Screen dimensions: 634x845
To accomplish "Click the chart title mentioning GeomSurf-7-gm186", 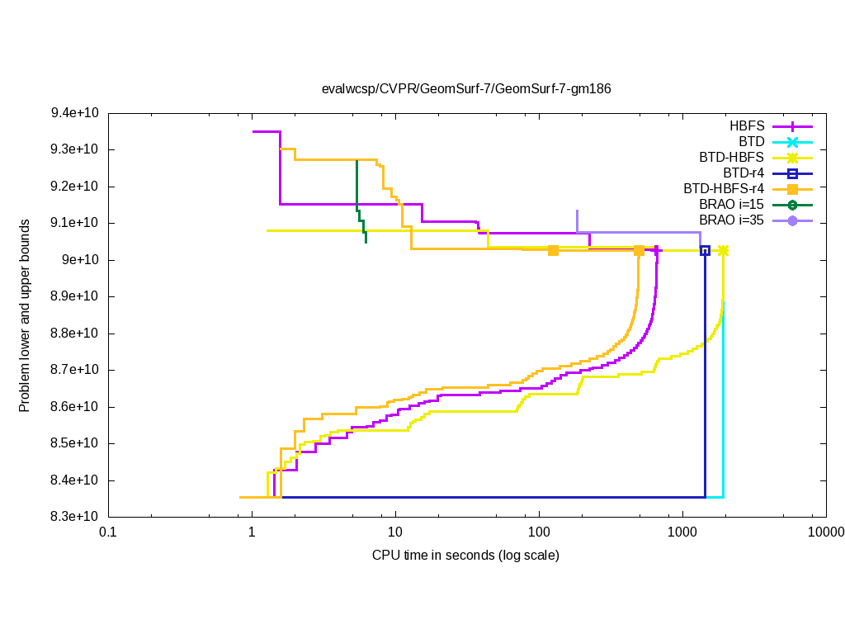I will click(466, 88).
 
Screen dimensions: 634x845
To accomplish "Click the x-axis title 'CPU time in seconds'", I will click(465, 555).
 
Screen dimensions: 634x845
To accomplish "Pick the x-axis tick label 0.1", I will click(107, 532).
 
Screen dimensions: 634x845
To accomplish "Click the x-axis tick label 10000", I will click(826, 532).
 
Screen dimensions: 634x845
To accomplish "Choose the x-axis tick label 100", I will click(539, 532).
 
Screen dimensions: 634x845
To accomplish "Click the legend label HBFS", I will click(747, 126).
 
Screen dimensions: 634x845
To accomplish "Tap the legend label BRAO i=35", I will click(731, 220).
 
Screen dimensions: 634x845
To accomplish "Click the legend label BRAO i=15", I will click(731, 205).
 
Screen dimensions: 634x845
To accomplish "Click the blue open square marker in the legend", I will click(791, 173).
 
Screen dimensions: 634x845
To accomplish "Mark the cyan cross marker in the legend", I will click(791, 142).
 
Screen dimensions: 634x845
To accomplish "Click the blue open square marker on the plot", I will click(705, 250).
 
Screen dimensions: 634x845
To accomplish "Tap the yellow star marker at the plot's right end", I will click(723, 250).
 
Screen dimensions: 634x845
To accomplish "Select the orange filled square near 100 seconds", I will click(553, 250).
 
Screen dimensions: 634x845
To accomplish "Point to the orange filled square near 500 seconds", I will click(639, 250).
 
